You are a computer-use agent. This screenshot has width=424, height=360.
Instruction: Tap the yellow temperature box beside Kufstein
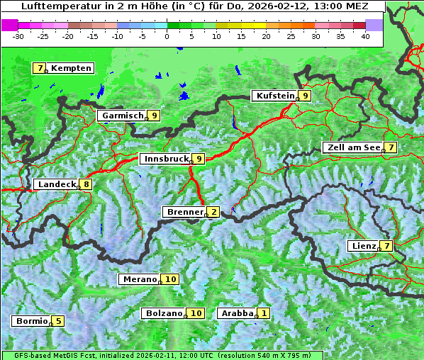[x=305, y=96]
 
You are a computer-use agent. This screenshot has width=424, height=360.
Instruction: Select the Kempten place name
[x=71, y=68]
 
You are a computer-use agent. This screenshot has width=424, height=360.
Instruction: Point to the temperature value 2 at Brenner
[x=213, y=212]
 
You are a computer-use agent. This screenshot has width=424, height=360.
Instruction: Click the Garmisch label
[x=123, y=116]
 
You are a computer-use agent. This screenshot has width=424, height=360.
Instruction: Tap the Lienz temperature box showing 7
[x=386, y=246]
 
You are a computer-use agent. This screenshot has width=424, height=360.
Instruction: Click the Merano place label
[x=139, y=279]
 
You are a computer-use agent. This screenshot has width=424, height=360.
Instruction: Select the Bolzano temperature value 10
[x=196, y=313]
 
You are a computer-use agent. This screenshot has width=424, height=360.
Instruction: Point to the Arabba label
[x=237, y=313]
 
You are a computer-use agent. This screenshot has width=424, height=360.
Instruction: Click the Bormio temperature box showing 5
[x=57, y=321]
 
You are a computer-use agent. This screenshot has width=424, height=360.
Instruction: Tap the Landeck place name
[x=57, y=184]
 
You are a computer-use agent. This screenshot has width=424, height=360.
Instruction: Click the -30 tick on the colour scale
[x=18, y=35]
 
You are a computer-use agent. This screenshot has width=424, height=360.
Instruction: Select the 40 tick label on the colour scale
[x=365, y=35]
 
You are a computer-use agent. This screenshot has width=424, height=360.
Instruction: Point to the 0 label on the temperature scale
[x=167, y=35]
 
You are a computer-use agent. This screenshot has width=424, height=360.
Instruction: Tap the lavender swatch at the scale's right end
[x=374, y=25]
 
